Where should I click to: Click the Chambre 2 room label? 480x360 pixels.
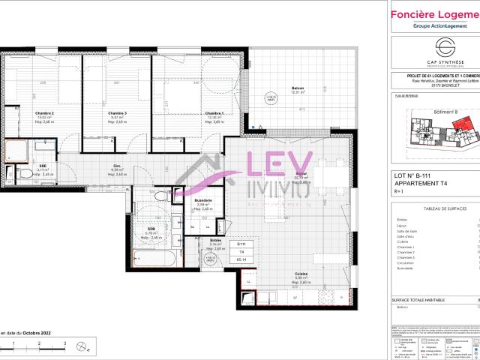click(x=46, y=113)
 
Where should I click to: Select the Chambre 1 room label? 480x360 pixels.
click(x=214, y=113)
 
